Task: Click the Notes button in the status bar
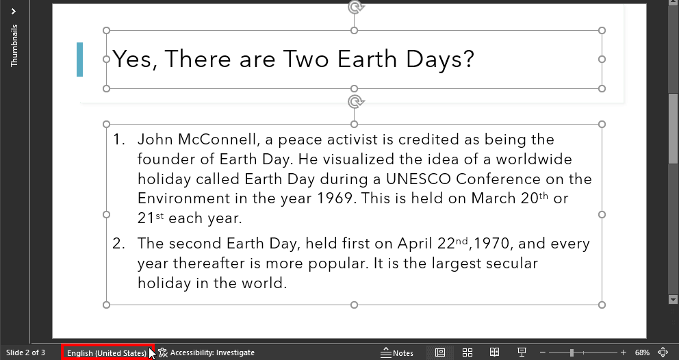coord(398,352)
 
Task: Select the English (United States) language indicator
coord(107,352)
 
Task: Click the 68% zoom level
coord(642,352)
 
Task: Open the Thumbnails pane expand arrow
coord(14,11)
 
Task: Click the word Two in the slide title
coord(307,60)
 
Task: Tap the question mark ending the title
coord(468,60)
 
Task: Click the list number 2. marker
coord(119,244)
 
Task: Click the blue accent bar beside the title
coord(80,59)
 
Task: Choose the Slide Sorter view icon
coord(467,352)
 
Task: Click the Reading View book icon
coord(494,352)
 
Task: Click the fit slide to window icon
coord(663,352)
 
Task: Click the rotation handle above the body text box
coord(355,102)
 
